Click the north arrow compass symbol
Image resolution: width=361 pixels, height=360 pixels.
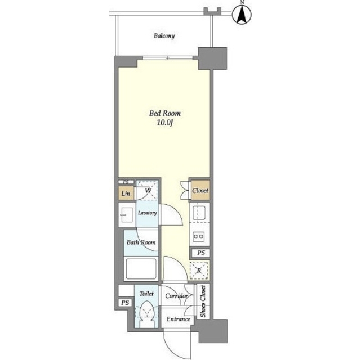pos(242,15)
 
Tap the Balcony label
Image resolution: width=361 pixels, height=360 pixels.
pos(164,36)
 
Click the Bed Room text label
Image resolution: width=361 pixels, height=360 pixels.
pos(165,113)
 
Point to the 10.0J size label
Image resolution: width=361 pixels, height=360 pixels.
pos(165,123)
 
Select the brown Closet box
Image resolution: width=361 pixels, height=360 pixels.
pos(200,190)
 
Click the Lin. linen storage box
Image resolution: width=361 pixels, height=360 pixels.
pos(126,193)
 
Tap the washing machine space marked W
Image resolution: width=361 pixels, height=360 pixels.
pos(148,190)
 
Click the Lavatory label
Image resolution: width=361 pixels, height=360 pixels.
pos(148,213)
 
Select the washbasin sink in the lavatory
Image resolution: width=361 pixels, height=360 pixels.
pos(127,215)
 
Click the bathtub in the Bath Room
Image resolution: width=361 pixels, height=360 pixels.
pos(141,269)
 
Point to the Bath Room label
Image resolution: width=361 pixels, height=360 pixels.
pos(141,242)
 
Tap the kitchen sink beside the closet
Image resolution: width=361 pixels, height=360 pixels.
pos(199,213)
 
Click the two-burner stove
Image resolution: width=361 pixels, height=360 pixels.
pos(198,236)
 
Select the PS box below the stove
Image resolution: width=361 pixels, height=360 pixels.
pos(200,253)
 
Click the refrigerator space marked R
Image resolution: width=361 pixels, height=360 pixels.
pos(199,270)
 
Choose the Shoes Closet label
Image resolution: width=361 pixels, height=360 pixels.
pos(203,301)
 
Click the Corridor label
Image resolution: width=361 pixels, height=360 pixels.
pos(176,296)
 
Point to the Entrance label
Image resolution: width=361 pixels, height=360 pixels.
pos(179,319)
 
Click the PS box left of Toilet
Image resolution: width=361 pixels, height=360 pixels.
pos(125,303)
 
